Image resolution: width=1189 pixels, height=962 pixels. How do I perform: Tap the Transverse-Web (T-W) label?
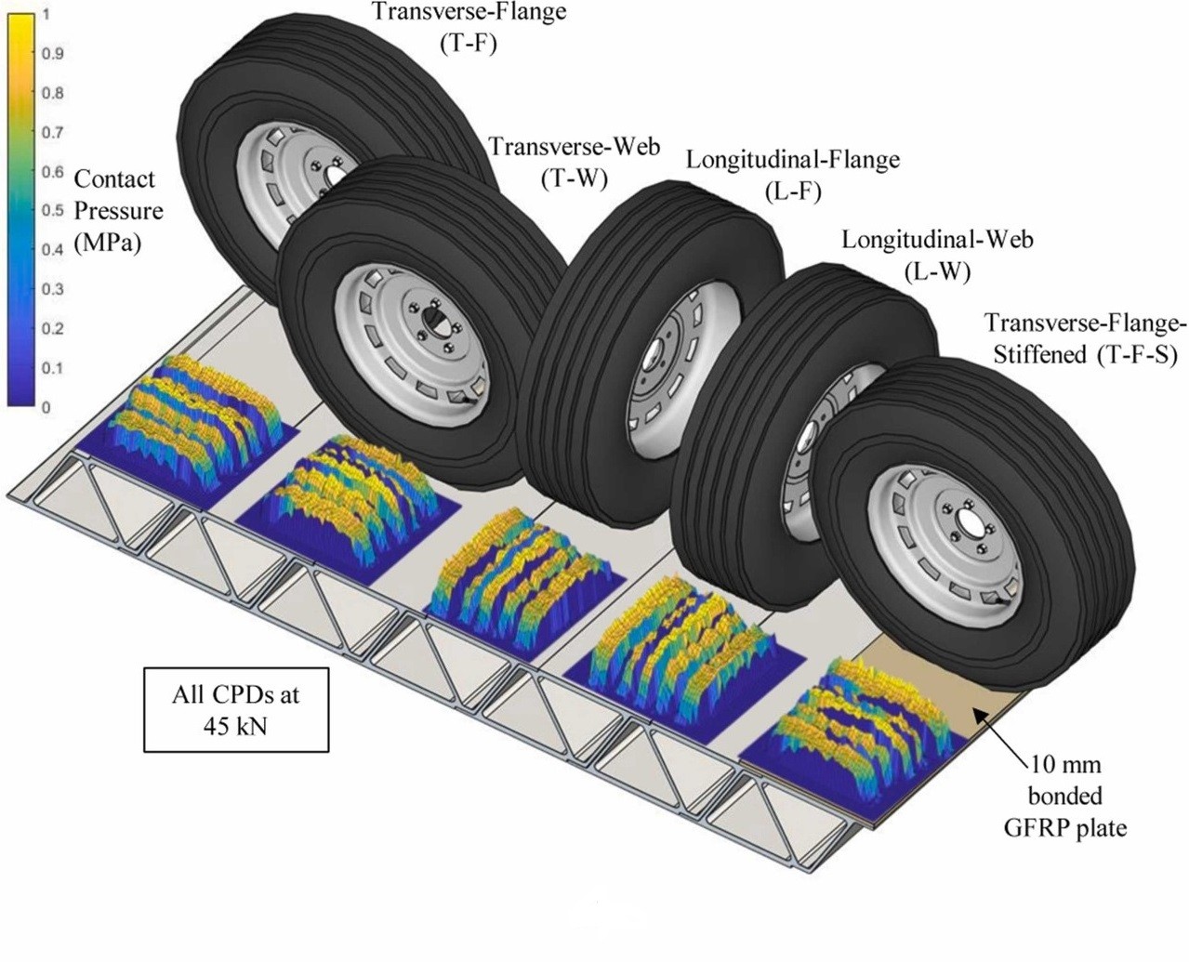pyautogui.click(x=575, y=161)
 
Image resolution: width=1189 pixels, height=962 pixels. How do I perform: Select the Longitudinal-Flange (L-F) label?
pyautogui.click(x=793, y=174)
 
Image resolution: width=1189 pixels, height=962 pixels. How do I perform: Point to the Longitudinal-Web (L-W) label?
pyautogui.click(x=937, y=254)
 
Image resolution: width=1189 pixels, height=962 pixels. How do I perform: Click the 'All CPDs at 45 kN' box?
pyautogui.click(x=236, y=708)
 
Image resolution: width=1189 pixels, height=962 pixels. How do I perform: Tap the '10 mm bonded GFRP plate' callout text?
pyautogui.click(x=1077, y=796)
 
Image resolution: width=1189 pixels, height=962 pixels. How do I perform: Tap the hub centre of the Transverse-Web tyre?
pyautogui.click(x=433, y=321)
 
